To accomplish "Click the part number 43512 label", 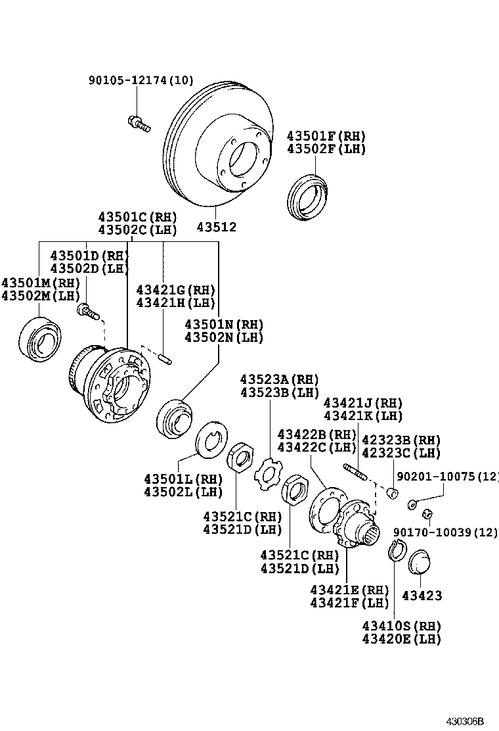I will pyautogui.click(x=217, y=227).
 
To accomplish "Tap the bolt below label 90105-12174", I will pyautogui.click(x=139, y=122).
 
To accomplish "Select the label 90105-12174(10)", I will pyautogui.click(x=141, y=81).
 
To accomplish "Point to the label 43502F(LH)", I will pyautogui.click(x=326, y=149).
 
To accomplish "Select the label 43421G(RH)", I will pyautogui.click(x=175, y=290).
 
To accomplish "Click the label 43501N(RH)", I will pyautogui.click(x=224, y=325).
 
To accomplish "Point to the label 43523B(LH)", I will pyautogui.click(x=279, y=392).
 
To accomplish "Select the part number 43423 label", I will pyautogui.click(x=422, y=596).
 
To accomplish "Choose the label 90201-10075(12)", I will pyautogui.click(x=447, y=477).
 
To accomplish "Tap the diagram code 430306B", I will pyautogui.click(x=471, y=721).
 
